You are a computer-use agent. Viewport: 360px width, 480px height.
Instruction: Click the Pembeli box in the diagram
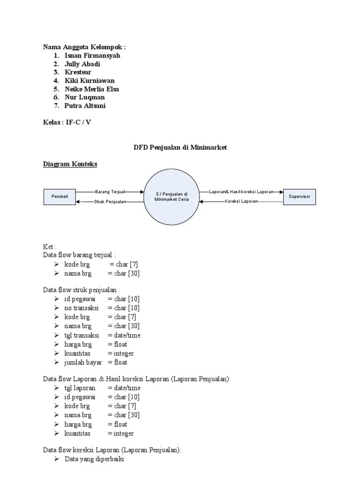60,197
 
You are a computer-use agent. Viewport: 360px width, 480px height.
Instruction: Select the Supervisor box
300,197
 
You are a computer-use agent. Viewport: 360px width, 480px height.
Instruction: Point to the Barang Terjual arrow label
110,192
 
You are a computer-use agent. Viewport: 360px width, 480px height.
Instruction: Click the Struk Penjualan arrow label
110,202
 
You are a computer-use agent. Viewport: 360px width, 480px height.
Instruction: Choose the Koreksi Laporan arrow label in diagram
241,202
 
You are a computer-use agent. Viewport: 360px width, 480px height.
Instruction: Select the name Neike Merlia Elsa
92,89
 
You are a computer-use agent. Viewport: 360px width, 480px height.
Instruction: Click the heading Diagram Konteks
70,164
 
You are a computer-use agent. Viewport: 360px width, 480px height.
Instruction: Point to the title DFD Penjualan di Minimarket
180,147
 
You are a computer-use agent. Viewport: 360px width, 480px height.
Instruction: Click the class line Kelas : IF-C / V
67,123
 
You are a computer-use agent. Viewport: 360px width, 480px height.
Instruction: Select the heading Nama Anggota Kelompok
84,47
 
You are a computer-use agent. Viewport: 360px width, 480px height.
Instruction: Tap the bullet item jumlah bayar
83,362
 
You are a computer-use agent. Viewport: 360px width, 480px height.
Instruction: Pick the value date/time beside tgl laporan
124,388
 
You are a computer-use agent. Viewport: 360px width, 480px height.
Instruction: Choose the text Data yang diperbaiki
94,459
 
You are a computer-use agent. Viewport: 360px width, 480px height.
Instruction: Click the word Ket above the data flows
49,247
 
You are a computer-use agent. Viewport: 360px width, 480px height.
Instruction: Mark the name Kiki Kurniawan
90,81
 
